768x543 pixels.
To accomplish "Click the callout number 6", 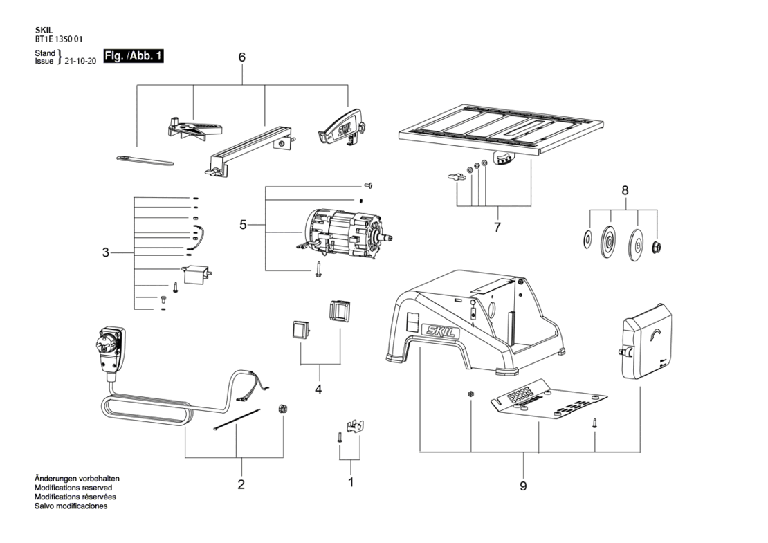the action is click(x=242, y=57).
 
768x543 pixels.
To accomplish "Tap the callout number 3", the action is click(x=105, y=253).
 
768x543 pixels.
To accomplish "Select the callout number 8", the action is click(x=625, y=190).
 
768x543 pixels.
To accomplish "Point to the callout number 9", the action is click(x=523, y=486).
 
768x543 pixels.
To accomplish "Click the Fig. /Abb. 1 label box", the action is click(x=134, y=56).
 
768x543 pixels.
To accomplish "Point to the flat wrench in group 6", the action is click(x=145, y=160).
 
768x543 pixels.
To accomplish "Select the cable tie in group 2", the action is click(x=237, y=420).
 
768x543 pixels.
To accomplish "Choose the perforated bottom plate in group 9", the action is click(x=549, y=399).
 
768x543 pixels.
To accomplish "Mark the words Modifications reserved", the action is click(x=73, y=488).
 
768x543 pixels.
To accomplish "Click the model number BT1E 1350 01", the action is click(x=55, y=39).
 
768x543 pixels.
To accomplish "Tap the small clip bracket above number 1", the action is click(x=357, y=425).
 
